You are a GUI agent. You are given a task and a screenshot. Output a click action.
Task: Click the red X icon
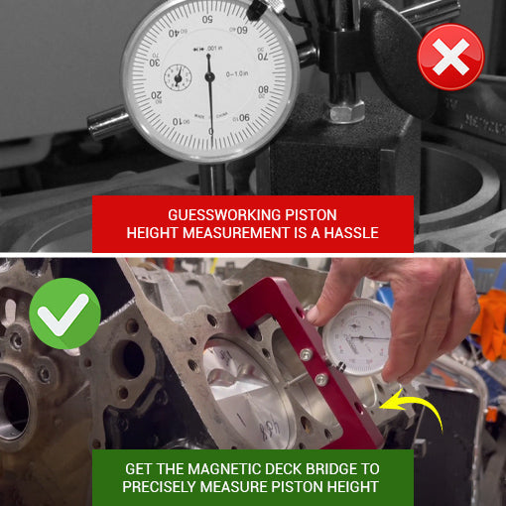tap(451, 57)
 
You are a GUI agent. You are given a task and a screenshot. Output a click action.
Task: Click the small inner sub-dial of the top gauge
tap(179, 77)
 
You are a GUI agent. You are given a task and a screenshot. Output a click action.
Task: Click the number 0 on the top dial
tap(210, 130)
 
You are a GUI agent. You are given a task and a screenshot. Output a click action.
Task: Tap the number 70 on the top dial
tap(263, 57)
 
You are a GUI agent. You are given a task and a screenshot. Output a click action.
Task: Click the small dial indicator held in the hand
tap(357, 336)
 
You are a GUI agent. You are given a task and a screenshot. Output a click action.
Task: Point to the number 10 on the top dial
tap(178, 121)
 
